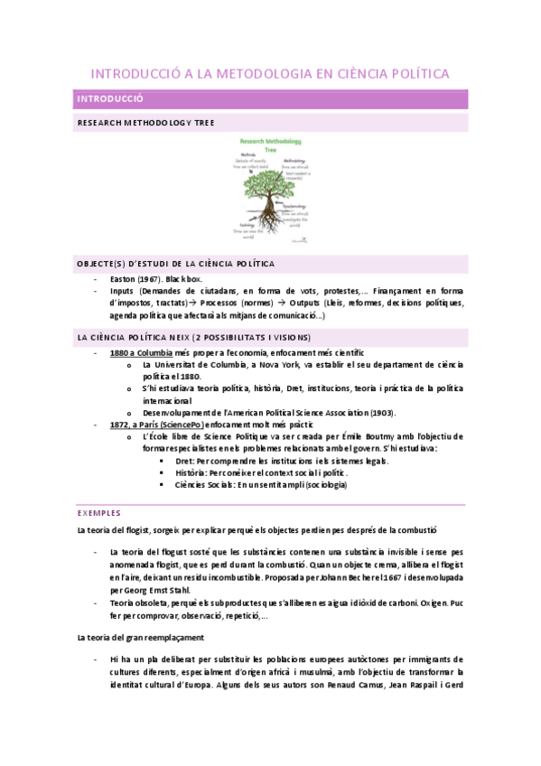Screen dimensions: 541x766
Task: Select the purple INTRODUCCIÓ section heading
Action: click(111, 99)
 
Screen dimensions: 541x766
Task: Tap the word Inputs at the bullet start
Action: click(122, 292)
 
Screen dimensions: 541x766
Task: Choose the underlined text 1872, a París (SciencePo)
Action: click(156, 425)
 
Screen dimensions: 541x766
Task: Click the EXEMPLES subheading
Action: click(99, 512)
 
